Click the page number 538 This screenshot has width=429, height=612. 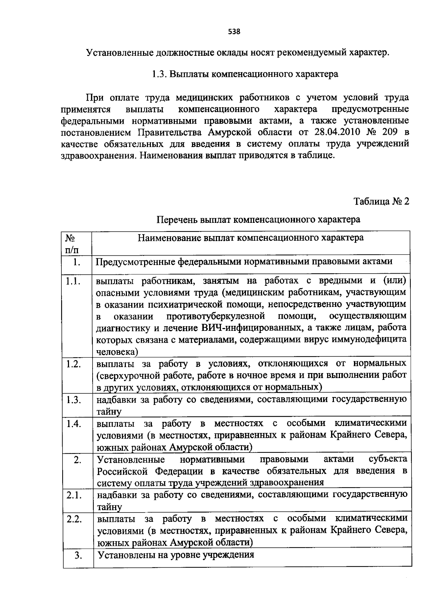(235, 31)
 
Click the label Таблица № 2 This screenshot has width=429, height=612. (381, 201)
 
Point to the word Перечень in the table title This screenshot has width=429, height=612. (177, 219)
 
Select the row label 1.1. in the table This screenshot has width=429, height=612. (73, 281)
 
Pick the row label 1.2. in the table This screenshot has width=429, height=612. (74, 364)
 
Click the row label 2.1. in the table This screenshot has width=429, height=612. (74, 495)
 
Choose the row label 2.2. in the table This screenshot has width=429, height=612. (74, 519)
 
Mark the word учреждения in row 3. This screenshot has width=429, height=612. (228, 555)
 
